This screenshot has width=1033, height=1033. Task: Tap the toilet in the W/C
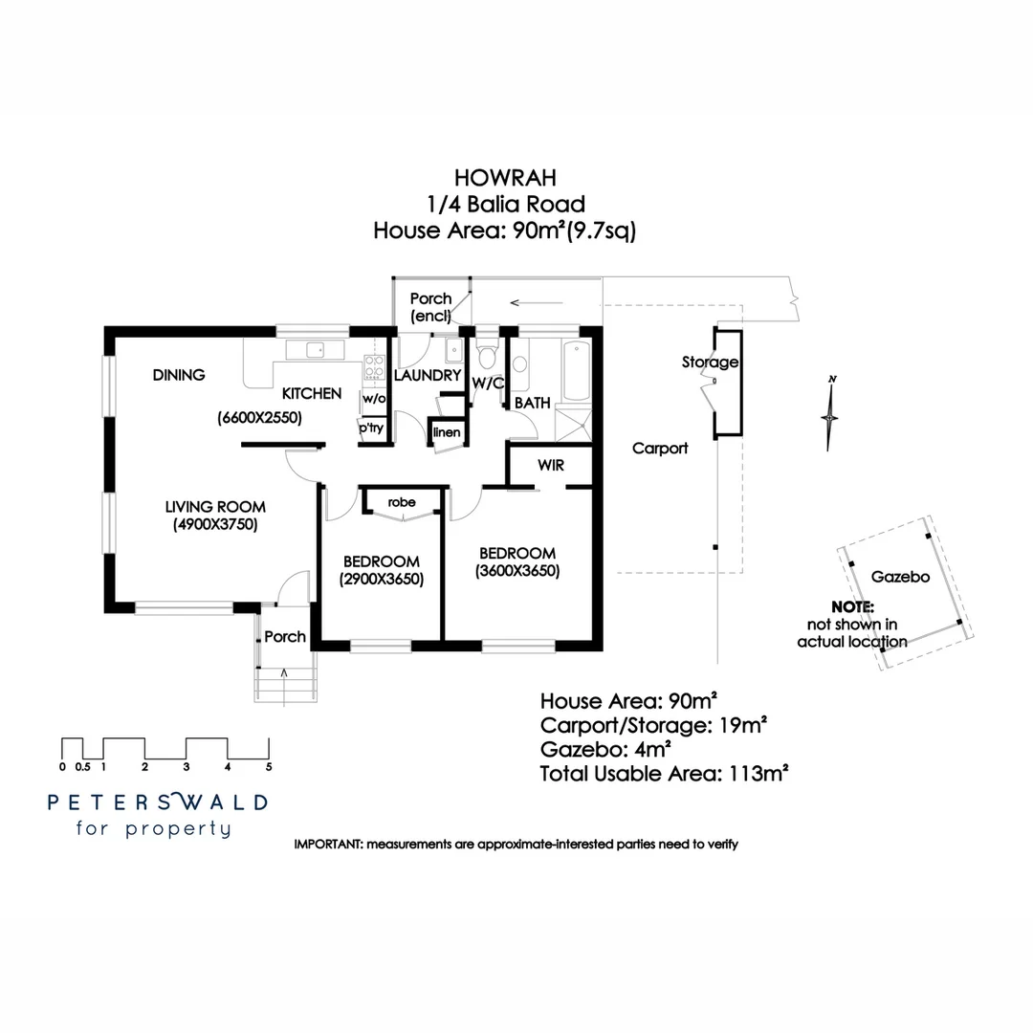pos(487,358)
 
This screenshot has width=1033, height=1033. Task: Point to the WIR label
pos(550,466)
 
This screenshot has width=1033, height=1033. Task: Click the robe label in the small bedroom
pos(401,502)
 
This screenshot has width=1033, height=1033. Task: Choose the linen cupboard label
pos(447,433)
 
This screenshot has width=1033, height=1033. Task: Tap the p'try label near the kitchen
pos(371,429)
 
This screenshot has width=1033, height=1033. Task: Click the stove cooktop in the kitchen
pos(373,366)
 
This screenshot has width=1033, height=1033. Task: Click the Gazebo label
pos(900,577)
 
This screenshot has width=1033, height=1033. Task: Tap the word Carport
pos(660,448)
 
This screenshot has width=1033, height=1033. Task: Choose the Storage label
pos(710,362)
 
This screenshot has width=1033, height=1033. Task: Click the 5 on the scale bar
pos(269,766)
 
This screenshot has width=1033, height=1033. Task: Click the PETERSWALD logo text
pos(158,802)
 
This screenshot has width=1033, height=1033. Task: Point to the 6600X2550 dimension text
pos(259,417)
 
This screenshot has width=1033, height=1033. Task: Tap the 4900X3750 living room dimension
pos(215,524)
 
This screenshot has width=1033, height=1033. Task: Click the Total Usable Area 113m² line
pos(664,773)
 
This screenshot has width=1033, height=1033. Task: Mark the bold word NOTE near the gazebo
pos(852,606)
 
